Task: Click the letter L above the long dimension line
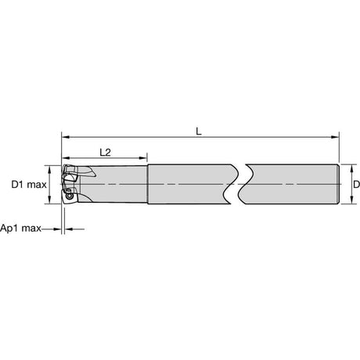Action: coord(199,131)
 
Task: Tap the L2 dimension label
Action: coord(106,153)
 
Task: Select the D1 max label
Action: coord(29,185)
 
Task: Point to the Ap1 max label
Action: coord(20,229)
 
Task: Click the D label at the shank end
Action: coord(356,185)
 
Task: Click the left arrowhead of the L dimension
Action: coord(66,137)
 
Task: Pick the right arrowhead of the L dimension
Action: coord(335,137)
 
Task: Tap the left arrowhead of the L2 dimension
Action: coord(66,158)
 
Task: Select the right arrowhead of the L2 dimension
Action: coord(143,158)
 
